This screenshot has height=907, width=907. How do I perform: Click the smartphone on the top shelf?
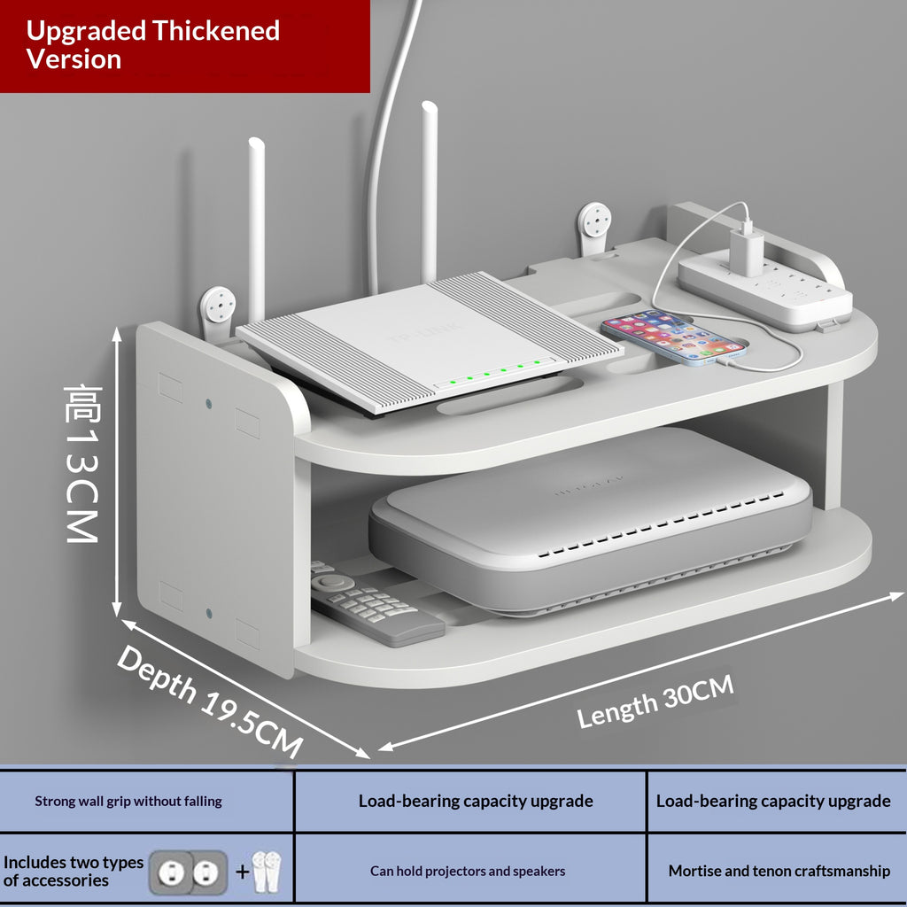[674, 337]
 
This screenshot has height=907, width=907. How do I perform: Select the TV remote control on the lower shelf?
[375, 604]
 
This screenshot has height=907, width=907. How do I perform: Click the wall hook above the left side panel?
[218, 313]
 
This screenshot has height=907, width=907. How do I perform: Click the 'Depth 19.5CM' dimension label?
[209, 701]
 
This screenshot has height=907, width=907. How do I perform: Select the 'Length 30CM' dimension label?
[655, 702]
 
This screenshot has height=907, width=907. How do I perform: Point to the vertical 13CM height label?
[82, 464]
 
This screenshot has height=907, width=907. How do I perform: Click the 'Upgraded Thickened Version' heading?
[152, 44]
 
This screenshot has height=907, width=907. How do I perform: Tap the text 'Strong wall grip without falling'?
[128, 801]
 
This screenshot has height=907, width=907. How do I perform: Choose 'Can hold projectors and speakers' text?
[468, 872]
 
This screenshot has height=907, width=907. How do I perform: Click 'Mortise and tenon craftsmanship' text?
[779, 872]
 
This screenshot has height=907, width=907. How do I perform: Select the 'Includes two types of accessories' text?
[73, 872]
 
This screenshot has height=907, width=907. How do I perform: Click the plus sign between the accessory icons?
[243, 872]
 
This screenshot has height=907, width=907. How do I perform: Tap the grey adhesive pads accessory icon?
[188, 872]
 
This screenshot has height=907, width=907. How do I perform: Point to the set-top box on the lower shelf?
[590, 521]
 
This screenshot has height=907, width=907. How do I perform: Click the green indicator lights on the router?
[494, 371]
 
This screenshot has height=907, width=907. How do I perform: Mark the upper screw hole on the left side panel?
[209, 403]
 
